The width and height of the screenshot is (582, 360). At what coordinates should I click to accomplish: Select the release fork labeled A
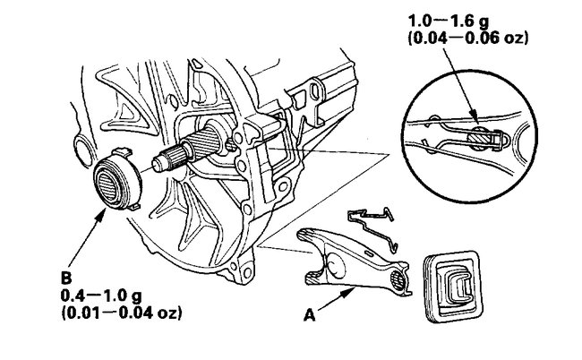tap(354, 259)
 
